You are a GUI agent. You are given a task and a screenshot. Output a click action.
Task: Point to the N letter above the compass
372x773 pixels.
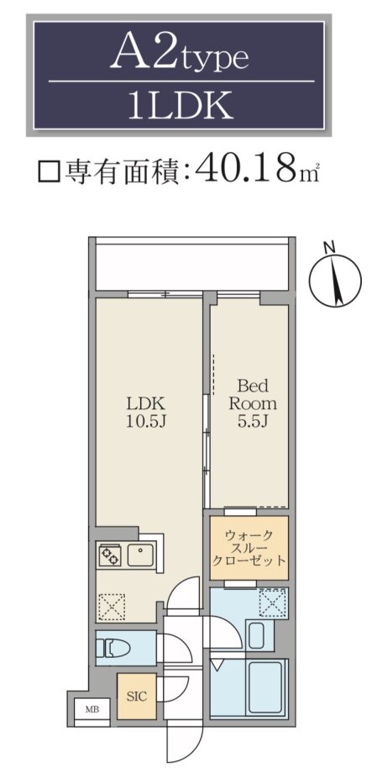(330, 247)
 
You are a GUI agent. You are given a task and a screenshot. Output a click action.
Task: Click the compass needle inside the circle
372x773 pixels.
(336, 281)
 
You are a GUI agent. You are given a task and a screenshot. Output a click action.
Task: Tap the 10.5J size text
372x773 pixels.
(145, 422)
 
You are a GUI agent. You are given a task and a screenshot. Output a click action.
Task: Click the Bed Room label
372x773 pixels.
(253, 394)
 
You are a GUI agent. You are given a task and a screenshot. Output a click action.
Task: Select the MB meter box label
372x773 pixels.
(92, 709)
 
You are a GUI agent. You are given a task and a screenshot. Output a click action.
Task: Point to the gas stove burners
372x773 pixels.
(109, 555)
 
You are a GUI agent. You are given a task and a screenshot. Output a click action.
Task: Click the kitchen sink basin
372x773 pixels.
(141, 555)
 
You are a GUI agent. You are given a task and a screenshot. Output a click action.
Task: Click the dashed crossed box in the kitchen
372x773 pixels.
(112, 607)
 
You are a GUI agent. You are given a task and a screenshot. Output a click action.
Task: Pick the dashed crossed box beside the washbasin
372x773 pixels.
(272, 602)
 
